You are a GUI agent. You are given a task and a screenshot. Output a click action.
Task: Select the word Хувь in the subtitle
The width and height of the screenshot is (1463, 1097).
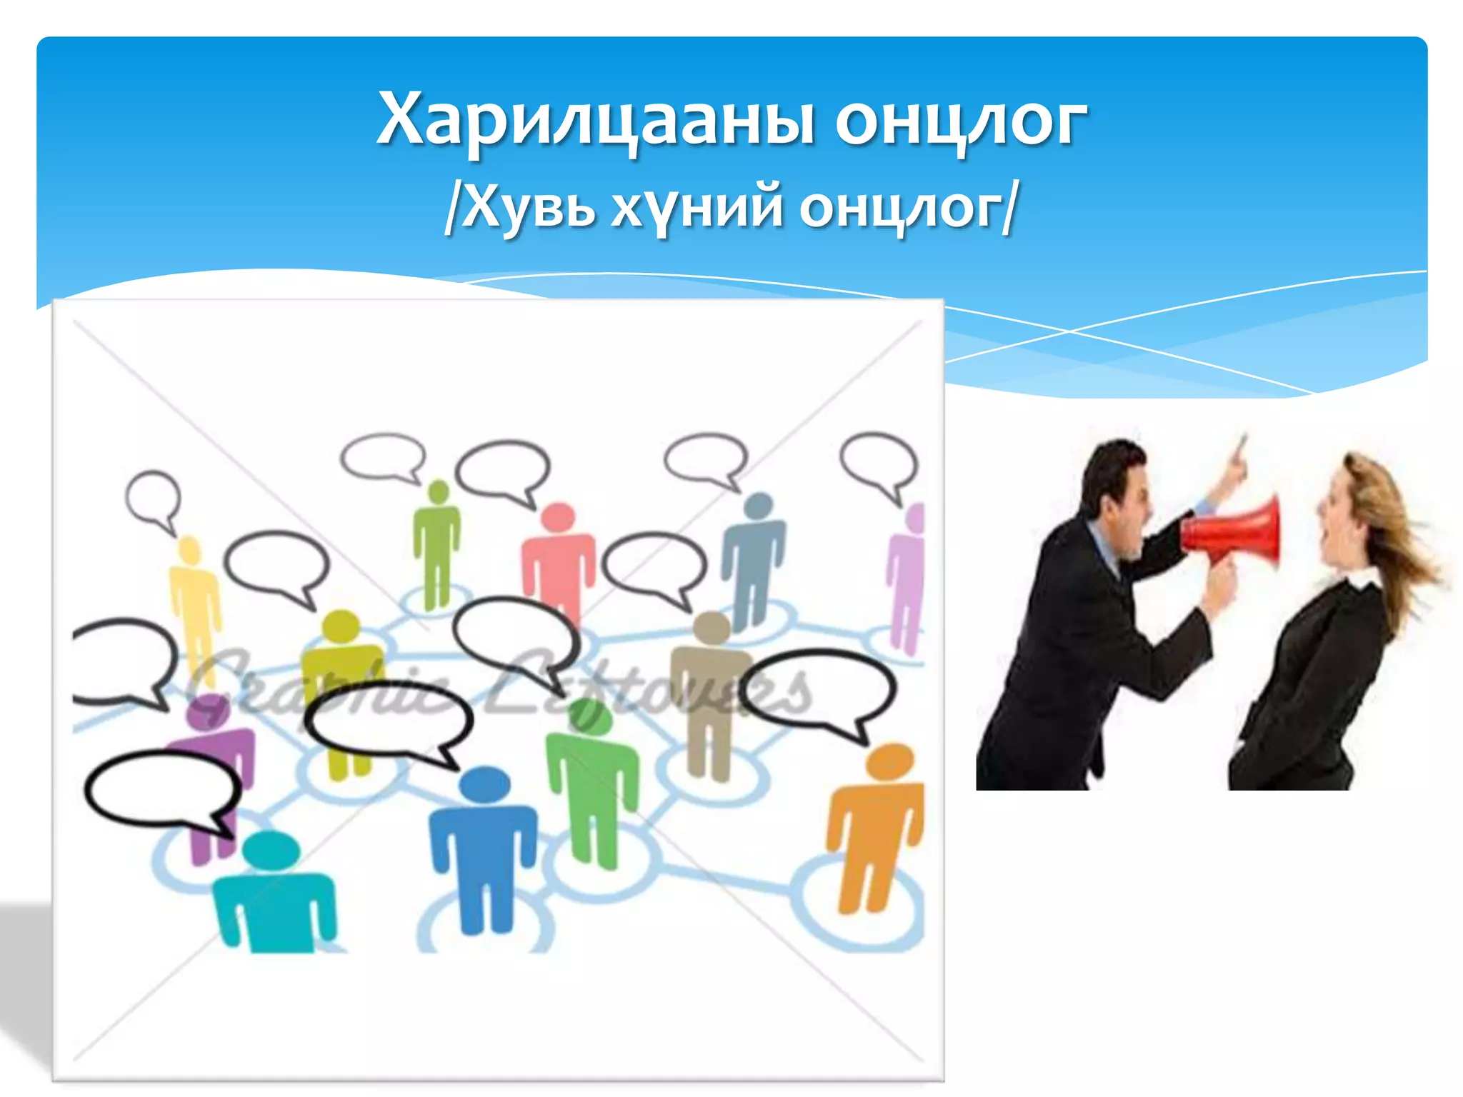point(529,207)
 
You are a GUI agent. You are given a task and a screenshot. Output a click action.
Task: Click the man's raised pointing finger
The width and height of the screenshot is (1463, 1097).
point(1242,446)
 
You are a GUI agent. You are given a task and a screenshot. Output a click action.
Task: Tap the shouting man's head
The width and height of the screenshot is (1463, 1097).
point(1118,493)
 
